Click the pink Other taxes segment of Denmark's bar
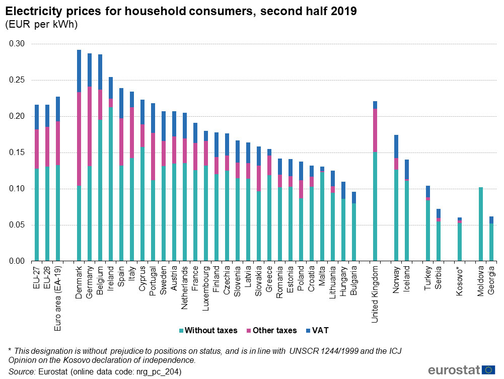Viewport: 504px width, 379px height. [x=79, y=139]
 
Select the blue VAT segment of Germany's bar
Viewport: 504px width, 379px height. [x=90, y=70]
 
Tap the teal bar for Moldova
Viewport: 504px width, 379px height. [x=481, y=224]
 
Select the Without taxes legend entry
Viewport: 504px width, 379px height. [x=207, y=331]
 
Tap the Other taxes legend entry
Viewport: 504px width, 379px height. [x=271, y=331]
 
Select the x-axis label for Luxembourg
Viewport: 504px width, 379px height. [x=206, y=287]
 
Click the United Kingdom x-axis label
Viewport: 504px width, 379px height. [x=375, y=294]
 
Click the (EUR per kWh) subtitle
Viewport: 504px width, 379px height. [x=41, y=25]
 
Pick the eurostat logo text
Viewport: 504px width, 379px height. [x=450, y=370]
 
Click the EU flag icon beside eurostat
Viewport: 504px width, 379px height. [x=488, y=370]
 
